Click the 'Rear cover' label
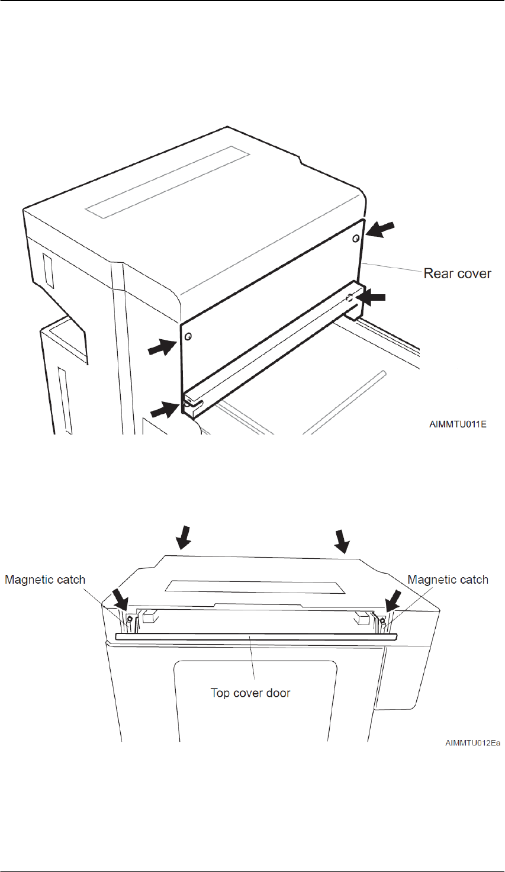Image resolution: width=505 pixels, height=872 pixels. tap(457, 273)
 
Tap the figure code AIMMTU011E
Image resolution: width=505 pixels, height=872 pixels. tap(458, 424)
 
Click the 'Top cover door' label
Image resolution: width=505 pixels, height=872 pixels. tap(250, 692)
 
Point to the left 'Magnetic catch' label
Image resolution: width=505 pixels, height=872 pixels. tap(45, 580)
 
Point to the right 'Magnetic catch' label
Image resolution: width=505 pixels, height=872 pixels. tap(448, 580)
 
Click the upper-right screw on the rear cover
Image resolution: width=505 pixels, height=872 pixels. tap(355, 238)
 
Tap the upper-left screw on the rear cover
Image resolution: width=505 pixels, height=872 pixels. tap(188, 337)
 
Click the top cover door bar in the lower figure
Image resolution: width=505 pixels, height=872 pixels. tap(256, 636)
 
